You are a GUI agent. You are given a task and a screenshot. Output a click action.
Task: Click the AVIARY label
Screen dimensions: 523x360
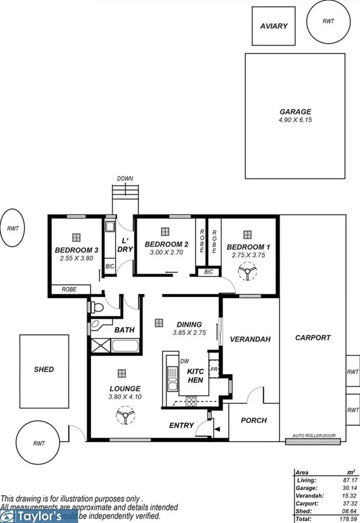click(273, 26)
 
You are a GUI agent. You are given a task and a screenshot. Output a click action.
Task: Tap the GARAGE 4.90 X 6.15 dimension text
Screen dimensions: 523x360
click(295, 120)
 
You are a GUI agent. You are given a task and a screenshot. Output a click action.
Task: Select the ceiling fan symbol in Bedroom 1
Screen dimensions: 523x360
click(244, 272)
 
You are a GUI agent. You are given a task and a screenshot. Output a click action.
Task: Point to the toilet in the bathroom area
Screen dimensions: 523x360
click(96, 308)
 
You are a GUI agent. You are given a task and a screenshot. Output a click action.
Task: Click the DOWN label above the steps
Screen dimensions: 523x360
click(125, 179)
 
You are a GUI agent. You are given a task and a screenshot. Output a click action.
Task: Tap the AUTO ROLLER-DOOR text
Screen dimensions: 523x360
click(314, 436)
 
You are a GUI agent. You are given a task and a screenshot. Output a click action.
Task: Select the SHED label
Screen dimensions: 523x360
click(44, 369)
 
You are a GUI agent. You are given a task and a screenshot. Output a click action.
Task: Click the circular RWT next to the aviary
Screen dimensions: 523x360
click(328, 22)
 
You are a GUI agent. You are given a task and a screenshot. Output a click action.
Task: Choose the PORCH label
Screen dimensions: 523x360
click(254, 420)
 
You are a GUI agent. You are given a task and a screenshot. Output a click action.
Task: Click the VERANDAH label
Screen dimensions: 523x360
click(250, 339)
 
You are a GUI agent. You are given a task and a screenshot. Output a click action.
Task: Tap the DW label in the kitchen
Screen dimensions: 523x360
click(185, 362)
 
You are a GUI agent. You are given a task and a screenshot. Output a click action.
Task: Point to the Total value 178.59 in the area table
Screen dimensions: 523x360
click(343, 519)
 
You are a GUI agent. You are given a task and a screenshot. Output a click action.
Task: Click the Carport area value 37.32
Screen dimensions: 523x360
click(343, 503)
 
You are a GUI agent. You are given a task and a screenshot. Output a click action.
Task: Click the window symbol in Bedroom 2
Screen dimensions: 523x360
click(165, 232)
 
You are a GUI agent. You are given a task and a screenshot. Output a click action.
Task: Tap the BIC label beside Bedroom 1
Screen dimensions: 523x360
click(208, 272)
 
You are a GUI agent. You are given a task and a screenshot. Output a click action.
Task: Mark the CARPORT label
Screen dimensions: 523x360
click(313, 337)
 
